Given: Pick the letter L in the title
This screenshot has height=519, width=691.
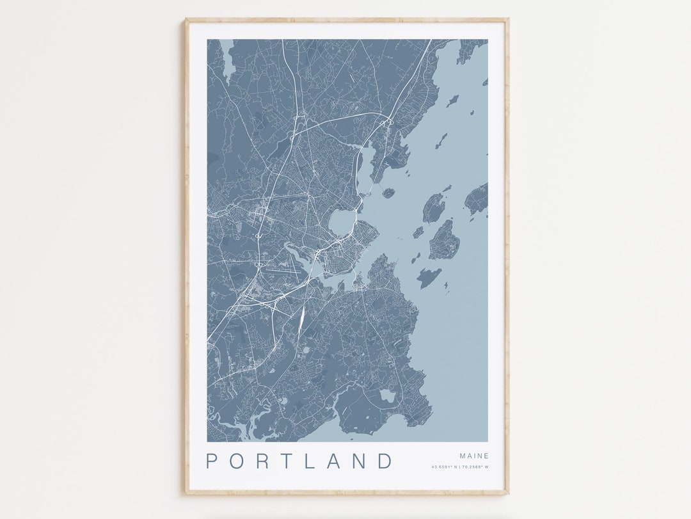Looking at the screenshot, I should coord(310,461).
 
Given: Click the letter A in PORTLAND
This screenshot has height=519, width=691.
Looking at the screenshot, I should coord(333,461).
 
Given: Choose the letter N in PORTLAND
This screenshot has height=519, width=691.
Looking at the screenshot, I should coord(359,461).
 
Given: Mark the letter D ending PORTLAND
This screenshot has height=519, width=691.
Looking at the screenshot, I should coord(385,461).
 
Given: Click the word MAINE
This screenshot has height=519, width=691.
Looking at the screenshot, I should coord(474,456).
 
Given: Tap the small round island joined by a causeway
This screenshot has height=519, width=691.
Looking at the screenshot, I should coord(388,192).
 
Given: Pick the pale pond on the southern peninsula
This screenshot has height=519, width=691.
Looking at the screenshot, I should coord(388,396).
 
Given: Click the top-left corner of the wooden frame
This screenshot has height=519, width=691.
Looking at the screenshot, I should coord(186,20).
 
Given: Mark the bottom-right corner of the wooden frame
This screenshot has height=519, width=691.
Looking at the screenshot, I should coord(507,493).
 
